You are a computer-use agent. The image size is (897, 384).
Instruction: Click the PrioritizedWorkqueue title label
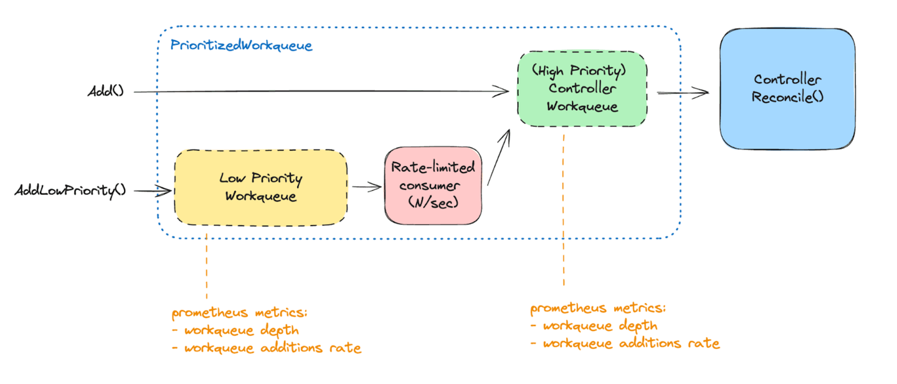pyautogui.click(x=241, y=46)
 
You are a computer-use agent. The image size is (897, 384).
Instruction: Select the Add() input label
pyautogui.click(x=105, y=91)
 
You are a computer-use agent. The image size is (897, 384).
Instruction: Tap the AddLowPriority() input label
pyautogui.click(x=70, y=190)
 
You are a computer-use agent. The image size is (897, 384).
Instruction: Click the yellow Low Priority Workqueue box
pyautogui.click(x=260, y=187)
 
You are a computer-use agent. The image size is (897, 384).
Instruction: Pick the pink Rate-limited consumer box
pyautogui.click(x=433, y=185)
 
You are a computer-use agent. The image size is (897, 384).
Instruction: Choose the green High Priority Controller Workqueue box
pyautogui.click(x=582, y=88)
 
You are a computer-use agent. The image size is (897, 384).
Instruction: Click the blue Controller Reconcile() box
pyautogui.click(x=787, y=88)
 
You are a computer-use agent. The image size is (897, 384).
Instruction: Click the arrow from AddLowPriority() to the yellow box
pyautogui.click(x=153, y=191)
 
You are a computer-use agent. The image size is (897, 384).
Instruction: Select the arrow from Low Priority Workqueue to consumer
pyautogui.click(x=366, y=185)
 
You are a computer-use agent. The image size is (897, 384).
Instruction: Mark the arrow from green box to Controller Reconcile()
pyautogui.click(x=683, y=93)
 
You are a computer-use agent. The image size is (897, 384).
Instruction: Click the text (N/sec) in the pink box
pyautogui.click(x=433, y=202)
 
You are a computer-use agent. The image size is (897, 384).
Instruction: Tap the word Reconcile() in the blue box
pyautogui.click(x=787, y=97)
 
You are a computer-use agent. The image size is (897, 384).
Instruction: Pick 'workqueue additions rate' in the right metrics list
pyautogui.click(x=631, y=343)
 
